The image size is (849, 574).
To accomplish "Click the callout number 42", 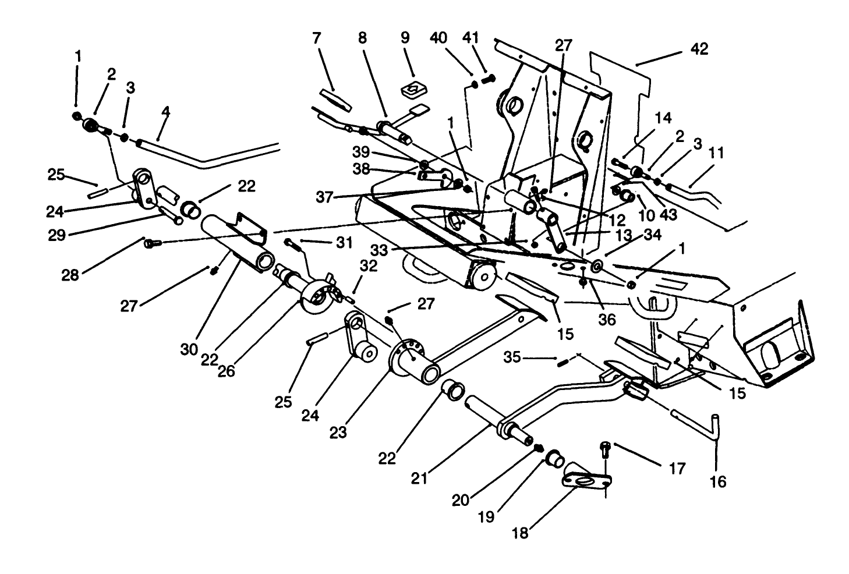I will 699,49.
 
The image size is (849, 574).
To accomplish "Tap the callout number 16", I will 719,482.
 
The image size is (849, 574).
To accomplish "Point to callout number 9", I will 405,38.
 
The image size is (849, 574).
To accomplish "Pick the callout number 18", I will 520,533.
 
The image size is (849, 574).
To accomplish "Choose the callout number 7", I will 317,39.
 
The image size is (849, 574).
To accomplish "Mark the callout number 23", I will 338,432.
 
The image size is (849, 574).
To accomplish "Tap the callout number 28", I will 70,274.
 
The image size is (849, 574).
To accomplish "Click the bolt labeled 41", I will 488,77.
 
